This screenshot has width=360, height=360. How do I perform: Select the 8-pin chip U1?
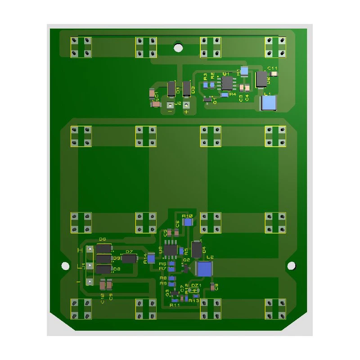[x=226, y=83]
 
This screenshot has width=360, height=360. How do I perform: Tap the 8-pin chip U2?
[x=171, y=249]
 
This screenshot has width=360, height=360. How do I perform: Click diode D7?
[x=130, y=258]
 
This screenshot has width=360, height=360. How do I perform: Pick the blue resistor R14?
[x=152, y=258]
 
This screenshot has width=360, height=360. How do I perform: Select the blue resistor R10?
[x=188, y=221]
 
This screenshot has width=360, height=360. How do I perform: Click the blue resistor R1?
[x=244, y=71]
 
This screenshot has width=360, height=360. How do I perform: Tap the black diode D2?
[x=261, y=79]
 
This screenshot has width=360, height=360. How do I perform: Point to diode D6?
[x=104, y=248]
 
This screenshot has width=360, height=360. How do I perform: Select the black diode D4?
[x=197, y=250]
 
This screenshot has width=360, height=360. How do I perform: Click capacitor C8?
[x=212, y=287]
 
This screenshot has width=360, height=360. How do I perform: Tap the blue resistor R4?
[x=224, y=94]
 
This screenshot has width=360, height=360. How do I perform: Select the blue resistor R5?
[x=182, y=251]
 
